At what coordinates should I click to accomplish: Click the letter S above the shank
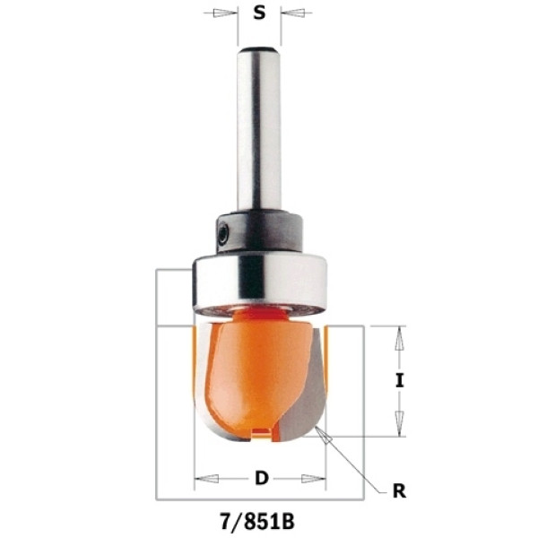pyautogui.click(x=259, y=13)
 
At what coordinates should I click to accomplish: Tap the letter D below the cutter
pyautogui.click(x=262, y=478)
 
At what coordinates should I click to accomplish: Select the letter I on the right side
pyautogui.click(x=399, y=381)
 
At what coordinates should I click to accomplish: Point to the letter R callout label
pyautogui.click(x=399, y=491)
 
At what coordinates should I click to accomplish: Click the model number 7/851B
pyautogui.click(x=256, y=522)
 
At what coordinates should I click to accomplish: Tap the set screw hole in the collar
pyautogui.click(x=223, y=234)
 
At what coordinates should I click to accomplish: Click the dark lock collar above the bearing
pyautogui.click(x=259, y=232)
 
